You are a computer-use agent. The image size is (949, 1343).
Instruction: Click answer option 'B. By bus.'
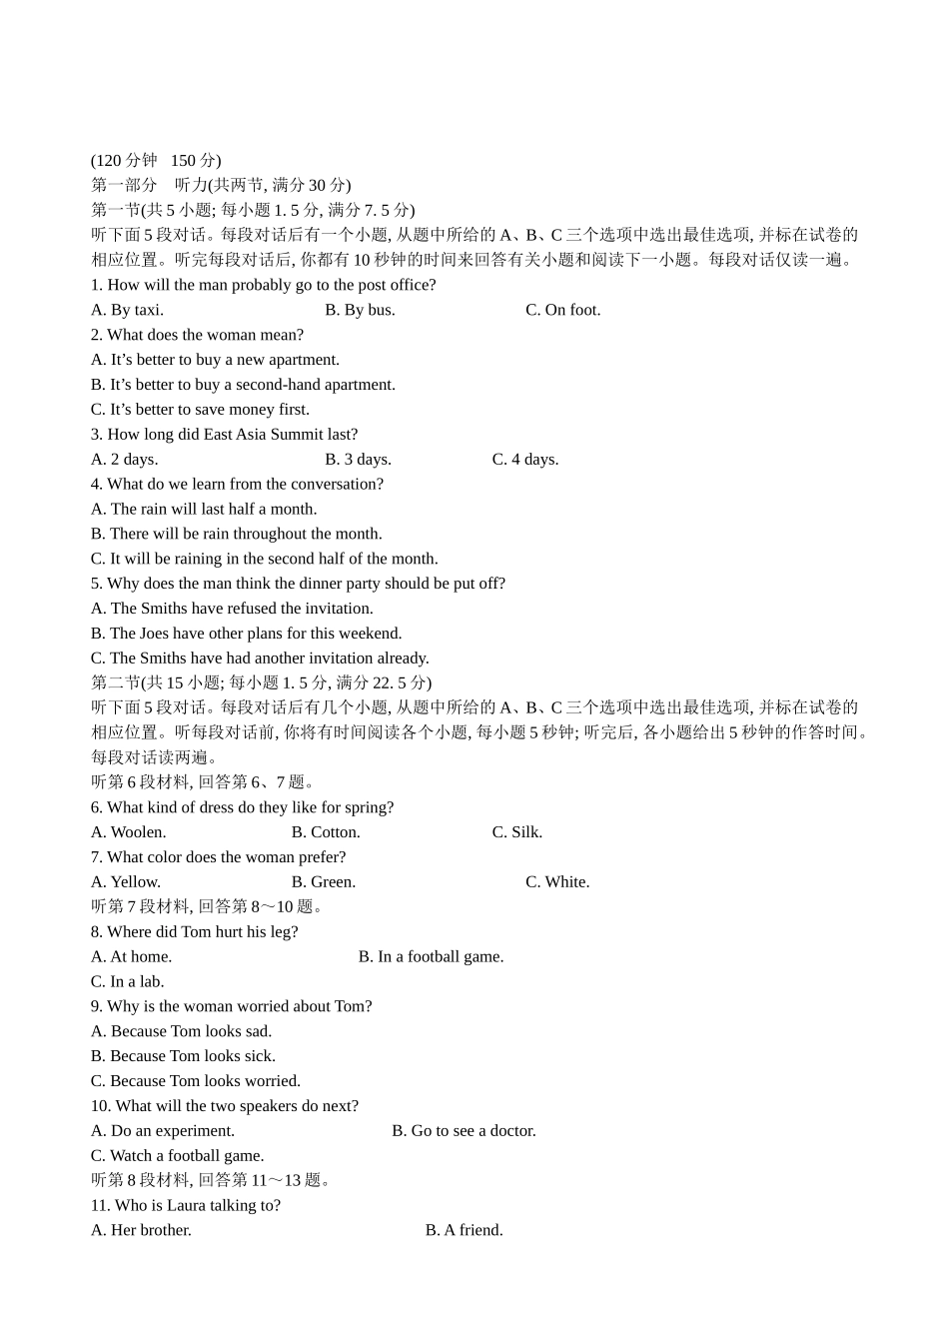360,310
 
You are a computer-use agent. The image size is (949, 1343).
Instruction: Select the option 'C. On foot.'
562,310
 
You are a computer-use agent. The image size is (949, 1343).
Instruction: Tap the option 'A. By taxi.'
127,310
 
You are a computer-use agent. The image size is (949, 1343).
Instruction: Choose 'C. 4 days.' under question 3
524,460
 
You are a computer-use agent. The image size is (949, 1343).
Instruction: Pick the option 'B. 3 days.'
358,460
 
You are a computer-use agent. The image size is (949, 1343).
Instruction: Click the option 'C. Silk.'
516,832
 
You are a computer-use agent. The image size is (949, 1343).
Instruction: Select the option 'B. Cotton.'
326,832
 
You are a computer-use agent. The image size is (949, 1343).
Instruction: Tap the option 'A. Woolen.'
128,832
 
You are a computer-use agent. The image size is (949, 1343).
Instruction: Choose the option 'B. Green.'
323,882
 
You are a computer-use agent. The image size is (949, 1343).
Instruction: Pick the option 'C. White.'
556,882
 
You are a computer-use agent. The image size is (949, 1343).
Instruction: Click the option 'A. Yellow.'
125,882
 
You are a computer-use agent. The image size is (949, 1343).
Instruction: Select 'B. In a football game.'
431,957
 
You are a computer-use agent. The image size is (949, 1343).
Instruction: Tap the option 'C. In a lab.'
127,982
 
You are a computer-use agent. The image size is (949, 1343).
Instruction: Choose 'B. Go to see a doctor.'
464,1131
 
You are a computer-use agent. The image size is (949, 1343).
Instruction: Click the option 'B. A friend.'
464,1230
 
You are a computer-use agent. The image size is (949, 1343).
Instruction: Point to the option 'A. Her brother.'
141,1230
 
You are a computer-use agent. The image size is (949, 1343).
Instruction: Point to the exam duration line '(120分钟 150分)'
156,161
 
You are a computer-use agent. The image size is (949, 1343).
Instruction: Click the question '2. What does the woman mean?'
197,335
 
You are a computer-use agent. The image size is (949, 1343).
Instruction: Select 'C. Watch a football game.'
177,1156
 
